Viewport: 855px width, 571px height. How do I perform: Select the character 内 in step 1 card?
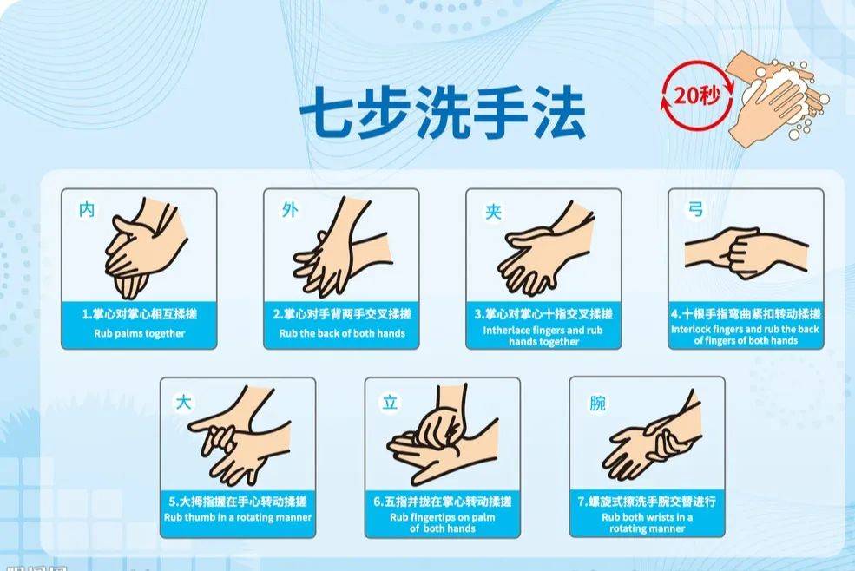87,210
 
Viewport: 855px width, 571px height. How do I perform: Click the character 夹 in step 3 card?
492,211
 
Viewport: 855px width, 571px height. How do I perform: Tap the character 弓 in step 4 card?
694,210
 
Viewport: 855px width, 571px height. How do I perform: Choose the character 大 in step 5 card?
182,402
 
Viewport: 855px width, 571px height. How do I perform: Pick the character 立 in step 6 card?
390,403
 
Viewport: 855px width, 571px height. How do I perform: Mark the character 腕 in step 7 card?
597,404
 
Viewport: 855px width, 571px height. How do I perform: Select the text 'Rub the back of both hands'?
342,333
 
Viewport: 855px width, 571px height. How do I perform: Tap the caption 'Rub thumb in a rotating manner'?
238,518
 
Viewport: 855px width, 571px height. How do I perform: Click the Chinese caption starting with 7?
647,501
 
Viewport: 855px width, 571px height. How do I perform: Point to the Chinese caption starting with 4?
746,313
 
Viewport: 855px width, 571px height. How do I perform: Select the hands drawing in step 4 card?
745,252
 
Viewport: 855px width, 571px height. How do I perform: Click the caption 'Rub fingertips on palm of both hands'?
442,522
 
